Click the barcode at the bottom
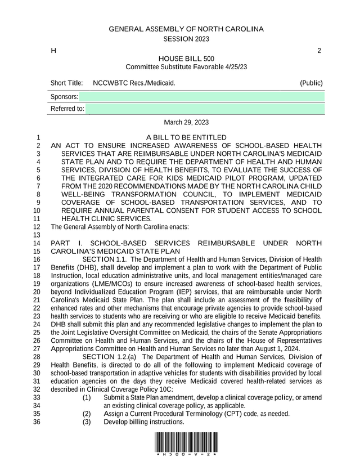coord(186,443)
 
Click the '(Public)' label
coord(311,83)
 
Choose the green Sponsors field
coord(201,97)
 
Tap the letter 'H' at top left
coord(53,51)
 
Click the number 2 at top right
coord(319,51)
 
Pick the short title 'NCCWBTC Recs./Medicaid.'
coord(134,83)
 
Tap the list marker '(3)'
coord(87,422)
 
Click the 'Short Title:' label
coord(66,83)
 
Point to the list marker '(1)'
coord(87,397)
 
